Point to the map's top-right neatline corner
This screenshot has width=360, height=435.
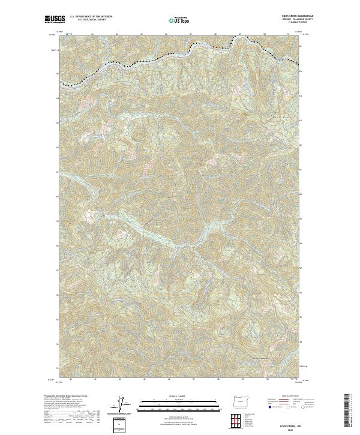[299, 33]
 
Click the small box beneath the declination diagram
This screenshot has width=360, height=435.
[121, 425]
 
